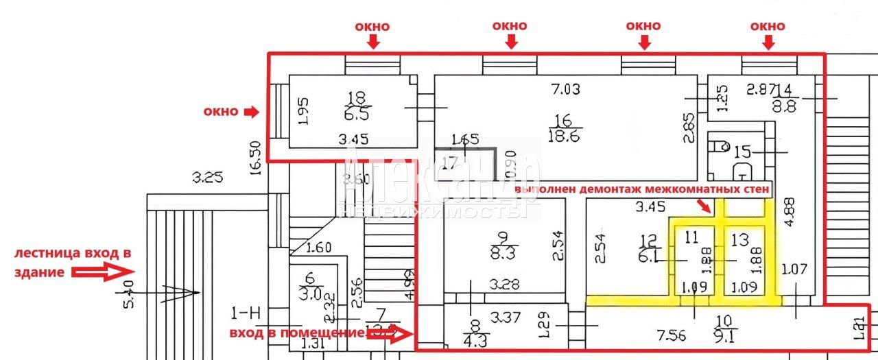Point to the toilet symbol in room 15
click(x=719, y=145)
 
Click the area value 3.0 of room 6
click(x=312, y=293)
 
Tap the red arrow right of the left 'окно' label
click(x=252, y=111)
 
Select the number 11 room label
click(x=691, y=238)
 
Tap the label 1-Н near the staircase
click(x=246, y=314)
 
